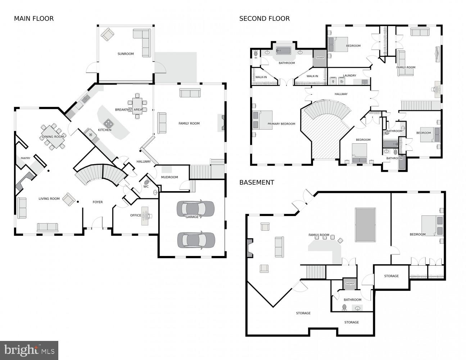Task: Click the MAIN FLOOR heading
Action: click(34, 18)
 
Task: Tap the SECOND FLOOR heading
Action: click(264, 18)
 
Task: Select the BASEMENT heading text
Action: click(257, 183)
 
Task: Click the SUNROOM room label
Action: click(126, 54)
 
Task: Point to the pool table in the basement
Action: click(365, 225)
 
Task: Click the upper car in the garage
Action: click(195, 208)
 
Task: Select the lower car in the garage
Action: click(196, 240)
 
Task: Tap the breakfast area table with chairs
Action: click(137, 106)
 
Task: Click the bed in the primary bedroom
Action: click(263, 120)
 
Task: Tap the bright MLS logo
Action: click(29, 350)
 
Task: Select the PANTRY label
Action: click(26, 158)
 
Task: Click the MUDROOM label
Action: click(169, 177)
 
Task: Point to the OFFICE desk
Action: click(145, 216)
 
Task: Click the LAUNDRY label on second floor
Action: click(349, 76)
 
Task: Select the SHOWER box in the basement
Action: click(350, 284)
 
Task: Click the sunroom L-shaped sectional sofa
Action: click(143, 42)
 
